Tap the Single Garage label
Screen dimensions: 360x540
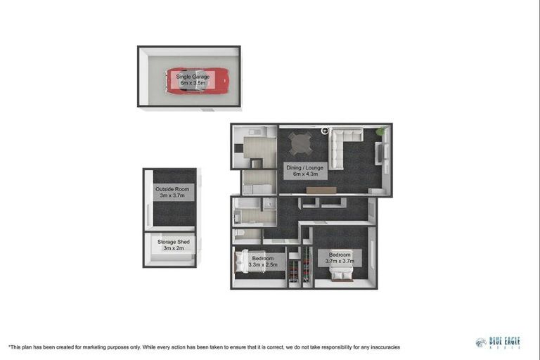(x=188, y=79)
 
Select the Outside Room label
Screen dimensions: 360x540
(x=172, y=192)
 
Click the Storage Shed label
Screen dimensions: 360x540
(x=172, y=245)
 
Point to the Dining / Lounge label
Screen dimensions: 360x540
(x=303, y=171)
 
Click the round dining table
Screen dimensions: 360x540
(x=302, y=144)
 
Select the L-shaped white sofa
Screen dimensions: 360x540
(x=342, y=144)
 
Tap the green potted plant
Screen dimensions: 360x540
(x=382, y=131)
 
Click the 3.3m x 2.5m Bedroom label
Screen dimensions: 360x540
(x=263, y=262)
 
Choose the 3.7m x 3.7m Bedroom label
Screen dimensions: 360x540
(x=340, y=257)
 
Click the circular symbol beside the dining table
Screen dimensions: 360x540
(x=325, y=130)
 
